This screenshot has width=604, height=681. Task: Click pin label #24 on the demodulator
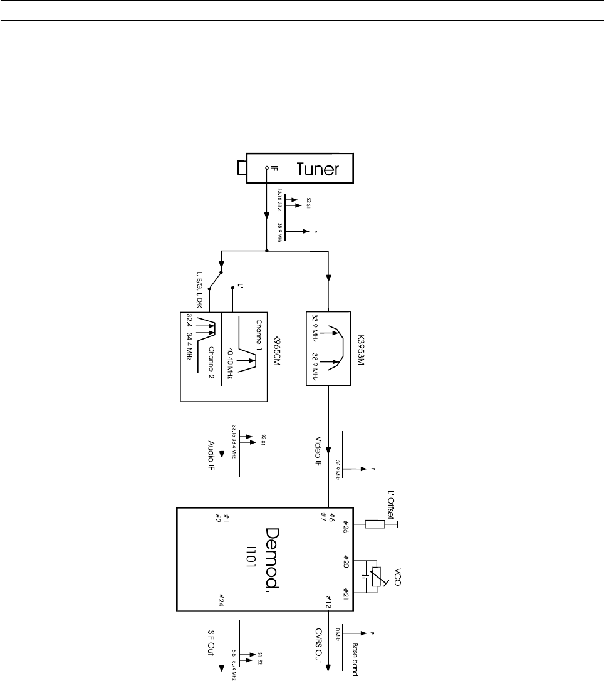(x=221, y=601)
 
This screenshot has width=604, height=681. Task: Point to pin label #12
(x=328, y=601)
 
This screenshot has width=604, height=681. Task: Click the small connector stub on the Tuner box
(x=242, y=168)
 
